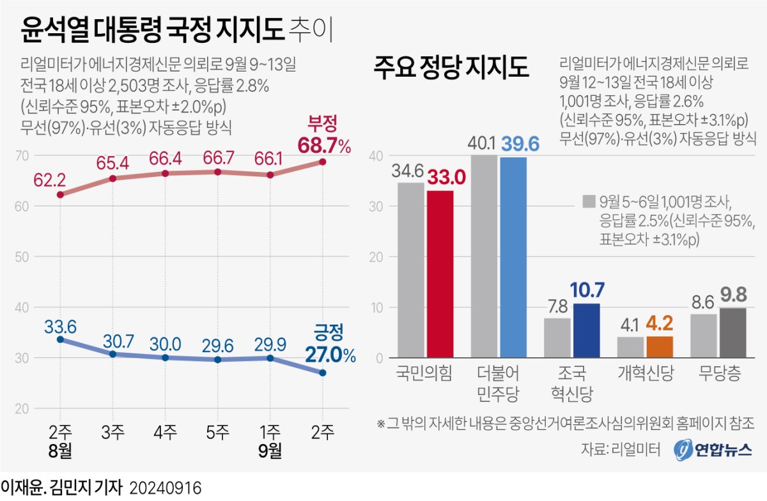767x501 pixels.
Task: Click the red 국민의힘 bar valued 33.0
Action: pos(440,275)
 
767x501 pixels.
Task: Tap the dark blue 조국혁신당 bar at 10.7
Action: pos(586,330)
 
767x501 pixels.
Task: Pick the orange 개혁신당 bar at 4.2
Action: pos(660,347)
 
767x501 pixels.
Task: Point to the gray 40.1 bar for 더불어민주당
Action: pos(484,256)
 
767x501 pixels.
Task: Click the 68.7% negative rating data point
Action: pos(322,162)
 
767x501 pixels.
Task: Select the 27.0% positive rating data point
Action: pos(322,373)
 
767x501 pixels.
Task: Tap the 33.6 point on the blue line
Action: pos(60,339)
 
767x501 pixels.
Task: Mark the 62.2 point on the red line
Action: pos(60,194)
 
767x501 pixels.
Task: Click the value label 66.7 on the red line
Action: pos(218,157)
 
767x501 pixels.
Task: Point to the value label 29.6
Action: pos(218,345)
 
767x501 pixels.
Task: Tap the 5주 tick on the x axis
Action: pos(218,433)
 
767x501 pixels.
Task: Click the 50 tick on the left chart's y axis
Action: pos(22,257)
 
